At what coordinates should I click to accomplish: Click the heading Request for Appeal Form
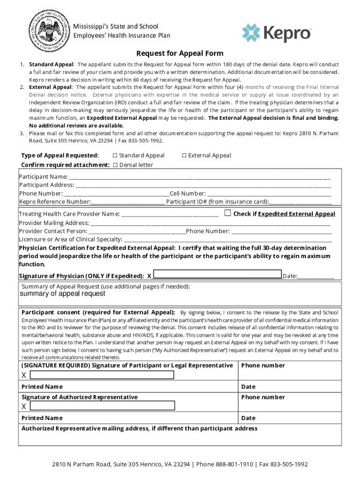pyautogui.click(x=180, y=53)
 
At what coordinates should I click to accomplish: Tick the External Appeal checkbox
pyautogui.click(x=184, y=155)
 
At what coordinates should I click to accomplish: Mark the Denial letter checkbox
pyautogui.click(x=115, y=165)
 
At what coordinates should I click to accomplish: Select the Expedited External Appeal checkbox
pyautogui.click(x=228, y=213)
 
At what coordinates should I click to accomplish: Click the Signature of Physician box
pyautogui.click(x=217, y=275)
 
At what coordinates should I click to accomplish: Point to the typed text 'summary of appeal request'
pyautogui.click(x=62, y=294)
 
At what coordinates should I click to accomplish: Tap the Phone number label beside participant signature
pyautogui.click(x=263, y=365)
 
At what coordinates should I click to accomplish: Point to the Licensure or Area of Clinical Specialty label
pyautogui.click(x=70, y=239)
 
